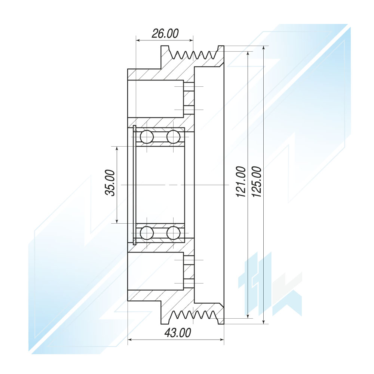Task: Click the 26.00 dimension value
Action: tap(165, 33)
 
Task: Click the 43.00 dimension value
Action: tap(178, 333)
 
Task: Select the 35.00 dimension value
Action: tap(110, 183)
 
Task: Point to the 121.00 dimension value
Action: tap(241, 182)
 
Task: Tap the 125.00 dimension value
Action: tap(257, 182)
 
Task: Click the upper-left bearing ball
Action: tap(147, 137)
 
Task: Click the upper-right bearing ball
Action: tap(173, 137)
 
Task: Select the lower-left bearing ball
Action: tap(147, 233)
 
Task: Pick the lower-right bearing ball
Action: tap(173, 233)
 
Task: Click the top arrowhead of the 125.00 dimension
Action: tap(264, 48)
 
